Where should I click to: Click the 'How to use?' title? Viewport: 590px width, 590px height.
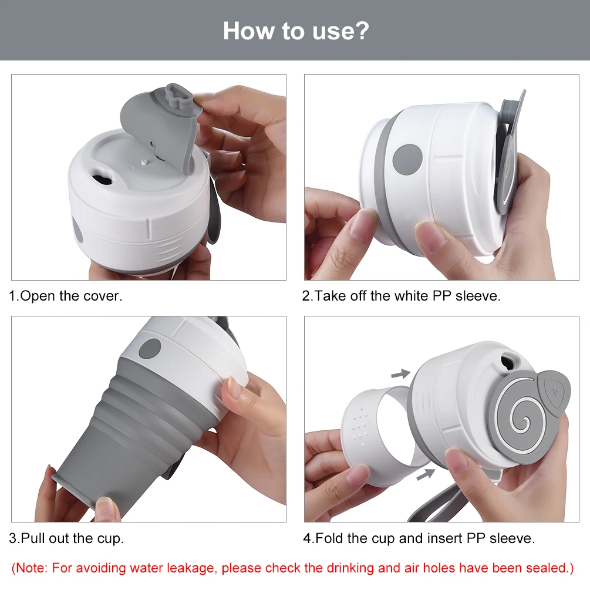click(x=296, y=31)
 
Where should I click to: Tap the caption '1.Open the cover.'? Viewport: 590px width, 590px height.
click(x=66, y=296)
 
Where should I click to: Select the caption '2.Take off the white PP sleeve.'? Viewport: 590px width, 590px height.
click(x=402, y=296)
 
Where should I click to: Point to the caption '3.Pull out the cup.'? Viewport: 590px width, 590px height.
click(x=66, y=538)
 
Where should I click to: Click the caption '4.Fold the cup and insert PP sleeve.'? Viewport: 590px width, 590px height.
click(x=419, y=538)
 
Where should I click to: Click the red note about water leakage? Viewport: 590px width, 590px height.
click(x=293, y=568)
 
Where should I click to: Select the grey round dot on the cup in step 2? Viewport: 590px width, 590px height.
click(x=407, y=160)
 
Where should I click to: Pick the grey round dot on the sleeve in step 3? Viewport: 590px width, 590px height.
click(x=150, y=349)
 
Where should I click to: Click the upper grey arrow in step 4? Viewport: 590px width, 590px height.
click(x=401, y=374)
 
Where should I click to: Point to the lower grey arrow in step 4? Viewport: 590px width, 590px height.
click(x=426, y=474)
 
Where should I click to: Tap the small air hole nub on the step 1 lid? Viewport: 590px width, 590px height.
click(x=143, y=163)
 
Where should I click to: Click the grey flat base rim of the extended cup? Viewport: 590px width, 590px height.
click(x=73, y=490)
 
